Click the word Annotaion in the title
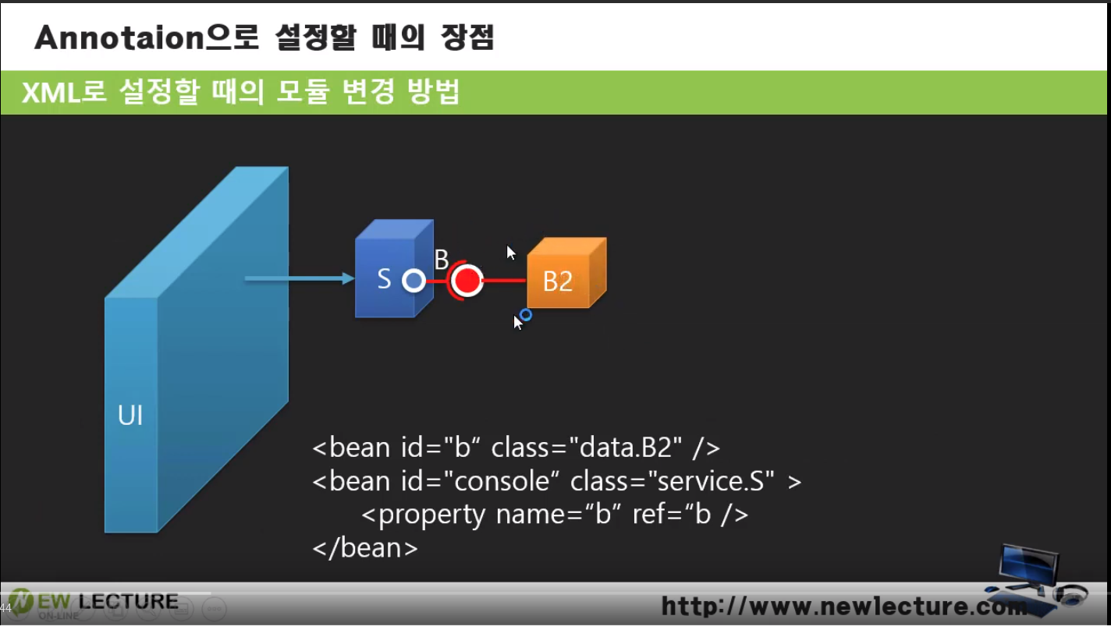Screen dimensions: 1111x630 point(119,38)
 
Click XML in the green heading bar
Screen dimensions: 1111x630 point(51,93)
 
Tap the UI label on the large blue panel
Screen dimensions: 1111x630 point(130,416)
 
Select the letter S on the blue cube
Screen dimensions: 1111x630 point(384,279)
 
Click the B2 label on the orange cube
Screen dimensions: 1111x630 point(558,282)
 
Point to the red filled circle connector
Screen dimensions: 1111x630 point(467,281)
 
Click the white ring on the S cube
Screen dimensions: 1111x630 point(414,281)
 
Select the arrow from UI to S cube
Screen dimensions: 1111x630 point(300,278)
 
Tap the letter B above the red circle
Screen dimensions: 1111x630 point(442,259)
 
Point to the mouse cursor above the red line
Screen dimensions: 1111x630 point(511,253)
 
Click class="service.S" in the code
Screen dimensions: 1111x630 point(672,481)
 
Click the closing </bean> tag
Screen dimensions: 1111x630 point(365,548)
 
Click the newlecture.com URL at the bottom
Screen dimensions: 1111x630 point(844,606)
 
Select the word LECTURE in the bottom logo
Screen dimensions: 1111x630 point(129,602)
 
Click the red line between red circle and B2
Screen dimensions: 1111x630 point(503,281)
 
